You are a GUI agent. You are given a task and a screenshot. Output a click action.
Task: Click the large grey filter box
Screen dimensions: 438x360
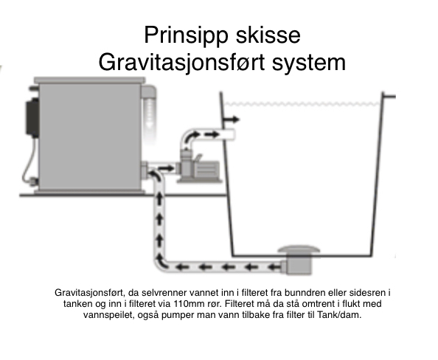89,136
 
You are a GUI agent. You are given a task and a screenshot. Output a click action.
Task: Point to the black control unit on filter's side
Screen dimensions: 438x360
32,117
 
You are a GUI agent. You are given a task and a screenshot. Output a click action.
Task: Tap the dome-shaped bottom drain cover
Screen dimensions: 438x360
299,249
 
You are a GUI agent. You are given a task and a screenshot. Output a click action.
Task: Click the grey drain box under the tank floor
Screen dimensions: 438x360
297,265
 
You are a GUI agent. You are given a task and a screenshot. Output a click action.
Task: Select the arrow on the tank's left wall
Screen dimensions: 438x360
232,120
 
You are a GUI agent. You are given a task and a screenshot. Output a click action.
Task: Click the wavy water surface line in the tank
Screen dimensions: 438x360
302,104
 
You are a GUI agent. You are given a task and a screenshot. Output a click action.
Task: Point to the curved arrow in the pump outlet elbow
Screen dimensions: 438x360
192,136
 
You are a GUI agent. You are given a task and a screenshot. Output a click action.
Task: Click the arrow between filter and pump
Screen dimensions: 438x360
166,168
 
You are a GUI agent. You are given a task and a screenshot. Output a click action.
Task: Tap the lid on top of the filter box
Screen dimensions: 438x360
90,80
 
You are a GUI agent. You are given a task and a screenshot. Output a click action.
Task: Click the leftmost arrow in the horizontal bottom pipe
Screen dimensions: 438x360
182,267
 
